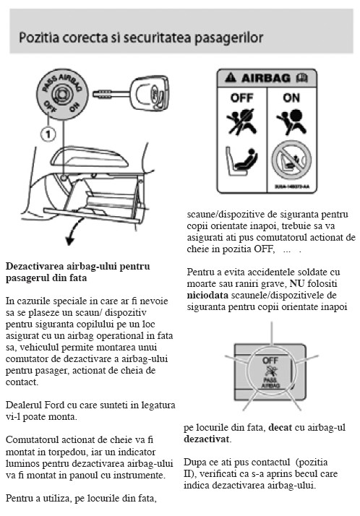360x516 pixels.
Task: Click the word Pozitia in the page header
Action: [39, 37]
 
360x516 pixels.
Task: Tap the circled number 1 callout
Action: [48, 134]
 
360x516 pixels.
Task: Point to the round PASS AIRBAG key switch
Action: [62, 95]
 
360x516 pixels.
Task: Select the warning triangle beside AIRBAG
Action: [231, 77]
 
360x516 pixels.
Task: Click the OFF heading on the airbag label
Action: [242, 98]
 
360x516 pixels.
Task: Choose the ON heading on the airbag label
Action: [291, 98]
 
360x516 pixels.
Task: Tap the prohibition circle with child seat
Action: [291, 160]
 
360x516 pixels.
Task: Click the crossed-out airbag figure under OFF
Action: [241, 121]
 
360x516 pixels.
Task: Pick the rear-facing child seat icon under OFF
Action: [241, 161]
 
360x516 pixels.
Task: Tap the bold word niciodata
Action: [207, 295]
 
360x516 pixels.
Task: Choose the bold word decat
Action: [280, 428]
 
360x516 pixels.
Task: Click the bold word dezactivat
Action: [206, 439]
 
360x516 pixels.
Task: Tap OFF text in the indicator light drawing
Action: [270, 361]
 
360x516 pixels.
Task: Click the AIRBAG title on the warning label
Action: [266, 78]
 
